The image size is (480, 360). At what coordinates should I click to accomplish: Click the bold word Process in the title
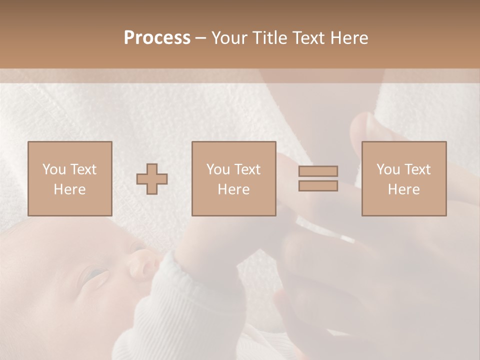(157, 38)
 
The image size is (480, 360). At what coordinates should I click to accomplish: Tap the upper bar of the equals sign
(318, 171)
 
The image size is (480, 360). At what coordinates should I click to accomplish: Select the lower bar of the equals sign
(318, 185)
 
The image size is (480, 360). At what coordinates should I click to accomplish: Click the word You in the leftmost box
(54, 169)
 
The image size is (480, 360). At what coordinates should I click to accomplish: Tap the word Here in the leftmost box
(69, 189)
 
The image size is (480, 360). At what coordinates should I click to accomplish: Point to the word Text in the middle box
(248, 169)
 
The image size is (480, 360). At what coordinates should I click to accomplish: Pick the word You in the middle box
(218, 169)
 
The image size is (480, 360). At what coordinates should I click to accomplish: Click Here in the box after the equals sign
(403, 189)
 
